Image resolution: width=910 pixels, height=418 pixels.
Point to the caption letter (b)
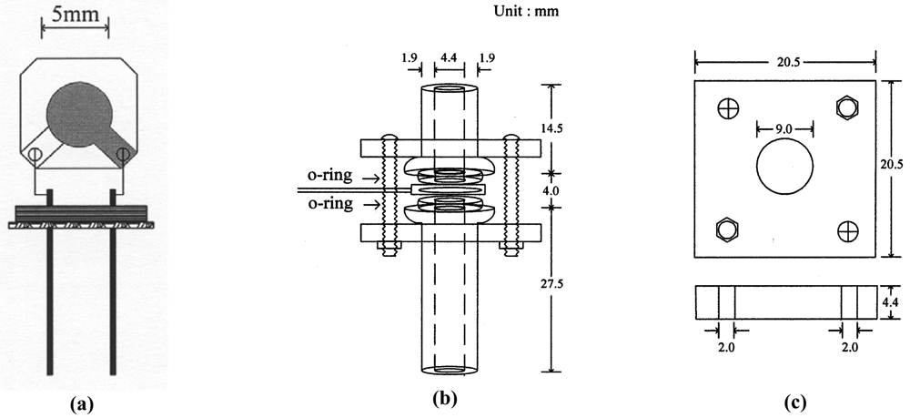click(450, 398)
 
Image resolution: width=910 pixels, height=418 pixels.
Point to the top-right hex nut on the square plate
click(845, 108)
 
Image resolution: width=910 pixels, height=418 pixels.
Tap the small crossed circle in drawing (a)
click(35, 155)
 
